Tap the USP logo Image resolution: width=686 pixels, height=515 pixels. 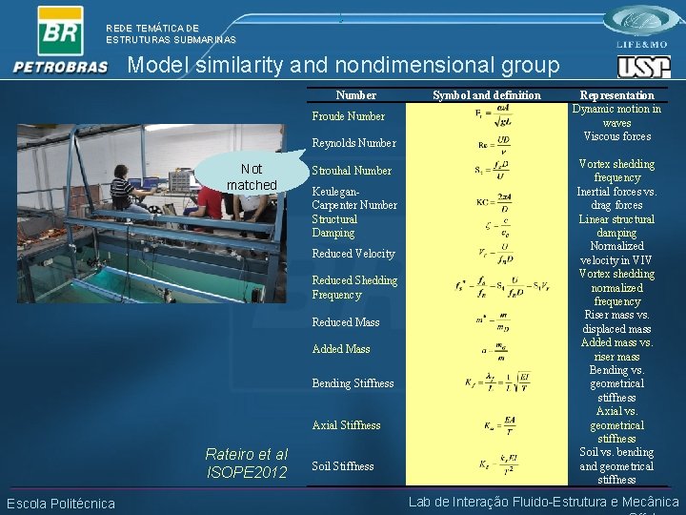point(643,67)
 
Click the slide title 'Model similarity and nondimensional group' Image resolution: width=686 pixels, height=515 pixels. point(343,66)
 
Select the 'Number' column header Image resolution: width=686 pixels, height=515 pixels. point(355,95)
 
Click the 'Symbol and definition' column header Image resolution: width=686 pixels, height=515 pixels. point(486,95)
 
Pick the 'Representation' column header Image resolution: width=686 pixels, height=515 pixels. point(617,95)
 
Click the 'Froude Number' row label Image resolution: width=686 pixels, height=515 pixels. point(349,116)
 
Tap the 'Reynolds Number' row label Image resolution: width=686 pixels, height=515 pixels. point(353,143)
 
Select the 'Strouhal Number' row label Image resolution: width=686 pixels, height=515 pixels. point(352,171)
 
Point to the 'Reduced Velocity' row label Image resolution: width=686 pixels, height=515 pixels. point(353,254)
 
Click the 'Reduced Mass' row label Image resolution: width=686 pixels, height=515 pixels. point(345,322)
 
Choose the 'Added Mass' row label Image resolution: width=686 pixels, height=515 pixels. point(341,349)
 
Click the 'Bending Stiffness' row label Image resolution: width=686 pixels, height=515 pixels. point(353,383)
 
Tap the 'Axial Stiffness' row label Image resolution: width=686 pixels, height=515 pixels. point(346,425)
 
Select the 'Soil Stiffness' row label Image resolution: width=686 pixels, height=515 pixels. point(343,466)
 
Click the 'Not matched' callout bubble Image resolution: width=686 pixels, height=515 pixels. point(252,176)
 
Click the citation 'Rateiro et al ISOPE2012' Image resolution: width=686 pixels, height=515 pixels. point(246,463)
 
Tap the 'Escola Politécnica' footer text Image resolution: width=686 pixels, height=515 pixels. point(61,504)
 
